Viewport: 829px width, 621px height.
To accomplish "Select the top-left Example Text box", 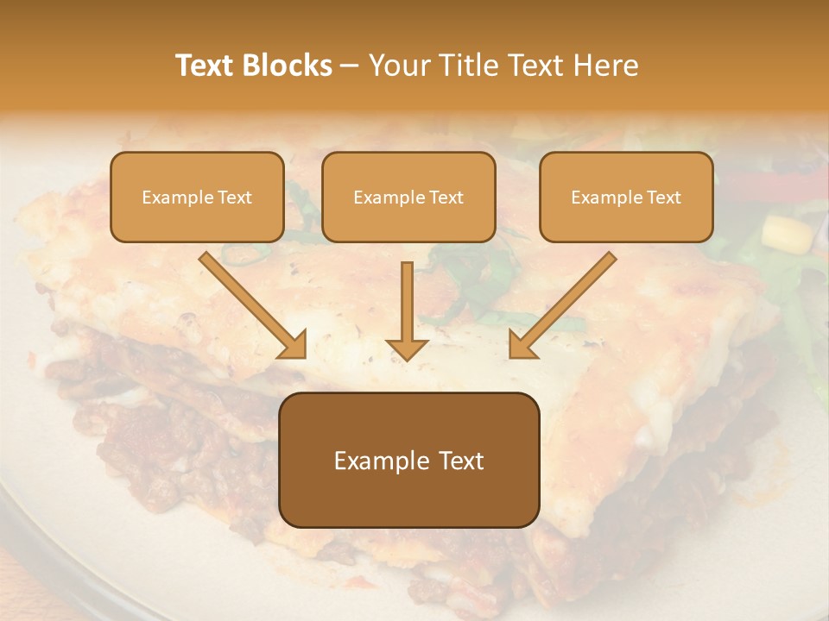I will [x=197, y=197].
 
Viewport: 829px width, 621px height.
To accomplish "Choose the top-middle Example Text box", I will [x=408, y=197].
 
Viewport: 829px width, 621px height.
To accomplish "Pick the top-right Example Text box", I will [x=626, y=197].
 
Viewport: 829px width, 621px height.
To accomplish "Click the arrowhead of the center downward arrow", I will [x=408, y=348].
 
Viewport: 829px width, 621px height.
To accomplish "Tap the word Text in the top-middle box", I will [x=445, y=197].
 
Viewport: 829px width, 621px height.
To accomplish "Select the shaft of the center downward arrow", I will [x=408, y=298].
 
